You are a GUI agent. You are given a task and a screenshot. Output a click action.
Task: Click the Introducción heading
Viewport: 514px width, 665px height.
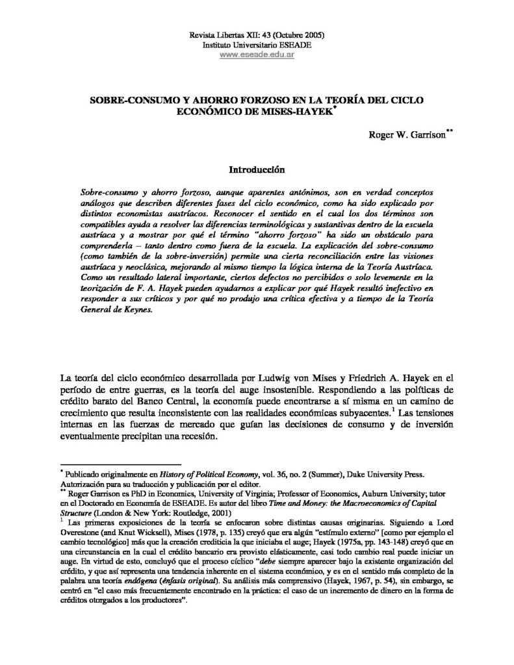click(x=258, y=170)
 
